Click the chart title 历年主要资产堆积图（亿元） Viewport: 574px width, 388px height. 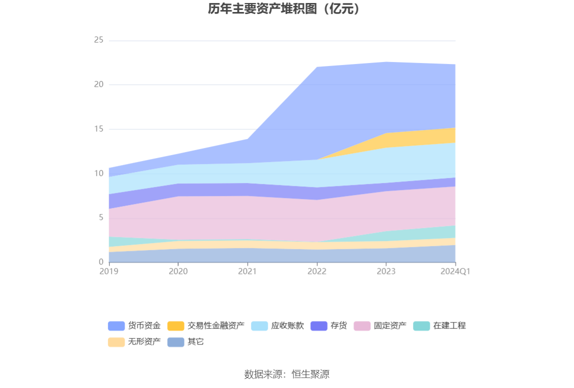coord(286,9)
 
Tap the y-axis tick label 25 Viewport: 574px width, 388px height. coord(98,40)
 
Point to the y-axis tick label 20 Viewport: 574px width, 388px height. coord(98,84)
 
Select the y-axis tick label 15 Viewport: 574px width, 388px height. coord(98,129)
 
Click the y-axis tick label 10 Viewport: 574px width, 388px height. coord(98,173)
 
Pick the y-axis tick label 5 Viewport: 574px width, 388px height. coord(100,217)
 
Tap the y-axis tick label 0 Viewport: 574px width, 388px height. coord(100,262)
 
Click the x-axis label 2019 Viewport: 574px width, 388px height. coord(109,271)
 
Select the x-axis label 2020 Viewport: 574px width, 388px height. coord(178,271)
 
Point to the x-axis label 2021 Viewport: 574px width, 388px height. coord(247,271)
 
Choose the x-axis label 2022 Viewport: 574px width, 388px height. coord(317,271)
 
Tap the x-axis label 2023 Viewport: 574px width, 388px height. coord(386,271)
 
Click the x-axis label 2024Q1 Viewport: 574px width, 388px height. coord(455,271)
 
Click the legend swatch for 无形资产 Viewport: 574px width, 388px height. coord(116,342)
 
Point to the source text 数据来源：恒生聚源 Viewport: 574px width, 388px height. coord(286,374)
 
